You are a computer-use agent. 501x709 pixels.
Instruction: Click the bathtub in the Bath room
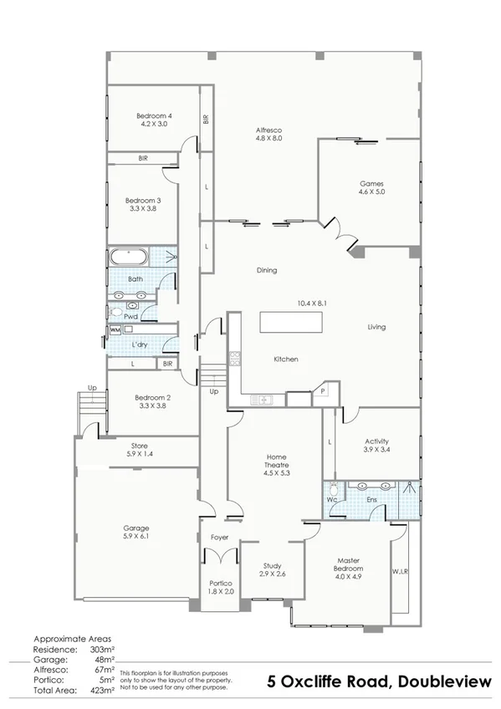pyautogui.click(x=129, y=257)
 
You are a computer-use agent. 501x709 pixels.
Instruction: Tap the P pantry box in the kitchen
pyautogui.click(x=322, y=390)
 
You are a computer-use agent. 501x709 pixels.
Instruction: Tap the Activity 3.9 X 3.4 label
pyautogui.click(x=376, y=446)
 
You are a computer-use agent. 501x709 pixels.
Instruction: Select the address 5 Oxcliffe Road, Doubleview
pyautogui.click(x=379, y=681)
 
